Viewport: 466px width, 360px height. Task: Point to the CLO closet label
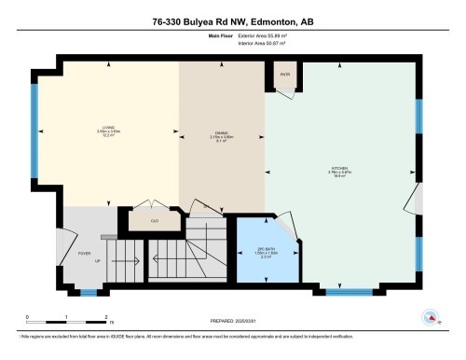tap(154, 222)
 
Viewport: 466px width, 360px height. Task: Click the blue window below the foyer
tap(88, 293)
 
